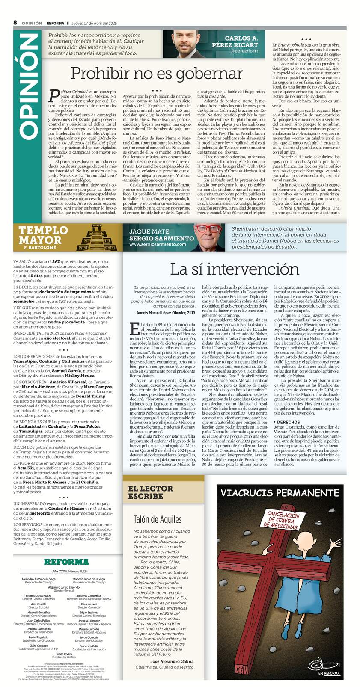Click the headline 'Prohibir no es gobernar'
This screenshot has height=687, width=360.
tap(156, 73)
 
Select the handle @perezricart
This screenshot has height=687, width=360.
tap(244, 51)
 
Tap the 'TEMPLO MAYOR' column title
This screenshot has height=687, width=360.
tap(43, 235)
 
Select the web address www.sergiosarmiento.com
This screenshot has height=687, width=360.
tap(158, 244)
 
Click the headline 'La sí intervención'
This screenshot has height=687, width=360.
tap(234, 269)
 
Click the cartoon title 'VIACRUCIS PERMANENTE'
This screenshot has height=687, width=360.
tap(280, 492)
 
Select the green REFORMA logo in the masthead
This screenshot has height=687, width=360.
tap(66, 562)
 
